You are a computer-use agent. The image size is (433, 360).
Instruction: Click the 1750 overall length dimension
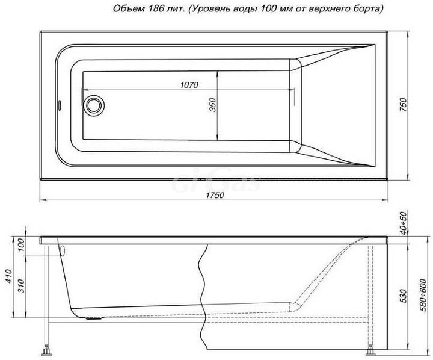tap(215, 195)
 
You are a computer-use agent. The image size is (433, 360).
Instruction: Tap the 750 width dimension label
tap(404, 105)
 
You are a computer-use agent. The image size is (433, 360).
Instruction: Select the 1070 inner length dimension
tap(189, 85)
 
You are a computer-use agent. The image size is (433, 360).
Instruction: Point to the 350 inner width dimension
tap(213, 105)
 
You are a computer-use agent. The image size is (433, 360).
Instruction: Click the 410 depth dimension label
tap(9, 275)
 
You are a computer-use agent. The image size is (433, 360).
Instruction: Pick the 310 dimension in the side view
tap(21, 285)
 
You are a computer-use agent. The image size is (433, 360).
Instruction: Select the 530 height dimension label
tap(404, 296)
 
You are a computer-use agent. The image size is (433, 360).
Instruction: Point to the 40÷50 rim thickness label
tap(404, 223)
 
